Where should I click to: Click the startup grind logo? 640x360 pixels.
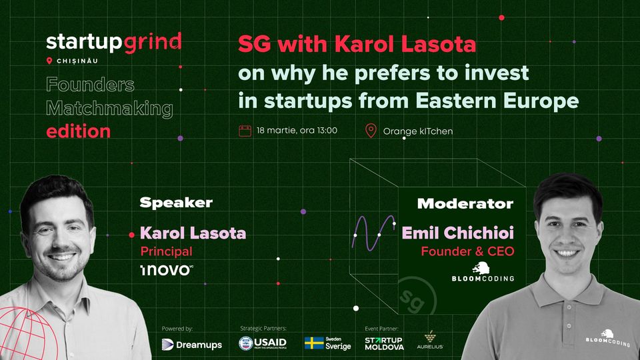(x=114, y=43)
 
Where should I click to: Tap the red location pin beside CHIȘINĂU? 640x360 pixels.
(x=49, y=61)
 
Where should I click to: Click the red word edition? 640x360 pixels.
(x=79, y=131)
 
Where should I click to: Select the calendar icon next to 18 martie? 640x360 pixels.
(x=245, y=131)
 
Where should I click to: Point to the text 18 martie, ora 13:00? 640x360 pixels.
(x=297, y=131)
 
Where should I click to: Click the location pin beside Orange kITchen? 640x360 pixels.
(x=371, y=131)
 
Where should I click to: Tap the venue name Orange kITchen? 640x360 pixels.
(x=417, y=131)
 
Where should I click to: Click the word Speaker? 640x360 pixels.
(x=176, y=203)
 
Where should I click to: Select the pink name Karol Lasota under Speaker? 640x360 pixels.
(x=193, y=233)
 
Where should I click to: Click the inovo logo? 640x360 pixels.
(x=167, y=270)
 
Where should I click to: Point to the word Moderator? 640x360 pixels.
(x=465, y=204)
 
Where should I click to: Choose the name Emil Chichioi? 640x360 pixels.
(x=457, y=233)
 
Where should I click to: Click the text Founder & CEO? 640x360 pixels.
(x=467, y=251)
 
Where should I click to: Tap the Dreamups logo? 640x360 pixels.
(x=192, y=345)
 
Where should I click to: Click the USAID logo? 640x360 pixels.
(x=263, y=343)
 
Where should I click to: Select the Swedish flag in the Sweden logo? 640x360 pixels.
(x=314, y=343)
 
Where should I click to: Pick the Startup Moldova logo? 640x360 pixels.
(x=384, y=344)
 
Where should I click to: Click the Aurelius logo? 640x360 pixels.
(x=430, y=341)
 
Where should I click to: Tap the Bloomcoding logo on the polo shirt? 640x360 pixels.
(x=608, y=339)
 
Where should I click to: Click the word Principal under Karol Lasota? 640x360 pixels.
(x=166, y=251)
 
